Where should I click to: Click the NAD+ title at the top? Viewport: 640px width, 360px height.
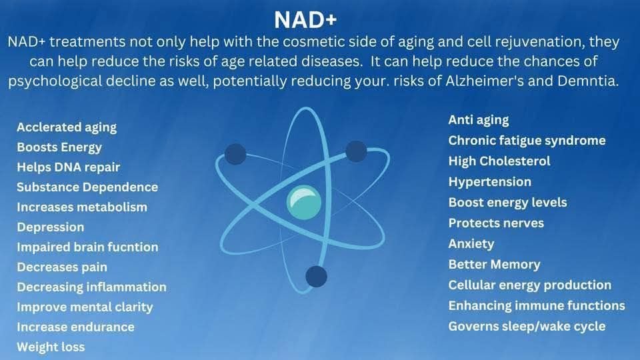(x=305, y=19)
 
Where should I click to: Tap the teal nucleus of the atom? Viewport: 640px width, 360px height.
(x=304, y=203)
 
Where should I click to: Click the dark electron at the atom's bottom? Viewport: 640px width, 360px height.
(x=316, y=276)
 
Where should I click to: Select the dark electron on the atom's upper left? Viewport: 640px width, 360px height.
(x=235, y=154)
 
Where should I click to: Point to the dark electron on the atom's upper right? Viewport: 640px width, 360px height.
(x=356, y=151)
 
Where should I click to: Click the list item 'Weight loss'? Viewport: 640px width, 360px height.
(x=51, y=347)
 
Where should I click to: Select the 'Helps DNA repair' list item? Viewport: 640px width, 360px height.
(x=69, y=167)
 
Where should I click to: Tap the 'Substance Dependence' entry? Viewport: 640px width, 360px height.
(x=87, y=187)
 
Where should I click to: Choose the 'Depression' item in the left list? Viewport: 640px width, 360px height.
(x=51, y=227)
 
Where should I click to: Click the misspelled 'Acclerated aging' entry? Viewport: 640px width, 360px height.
(x=67, y=127)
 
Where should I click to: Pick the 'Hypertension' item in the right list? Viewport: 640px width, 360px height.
(x=490, y=182)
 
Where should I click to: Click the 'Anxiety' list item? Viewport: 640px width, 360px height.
(x=471, y=244)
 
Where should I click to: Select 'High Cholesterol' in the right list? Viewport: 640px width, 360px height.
(x=499, y=161)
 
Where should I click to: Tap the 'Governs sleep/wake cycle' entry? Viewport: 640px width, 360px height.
(x=527, y=327)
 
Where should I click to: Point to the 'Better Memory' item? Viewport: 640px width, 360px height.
(x=494, y=265)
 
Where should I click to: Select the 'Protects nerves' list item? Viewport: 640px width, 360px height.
(x=496, y=223)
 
